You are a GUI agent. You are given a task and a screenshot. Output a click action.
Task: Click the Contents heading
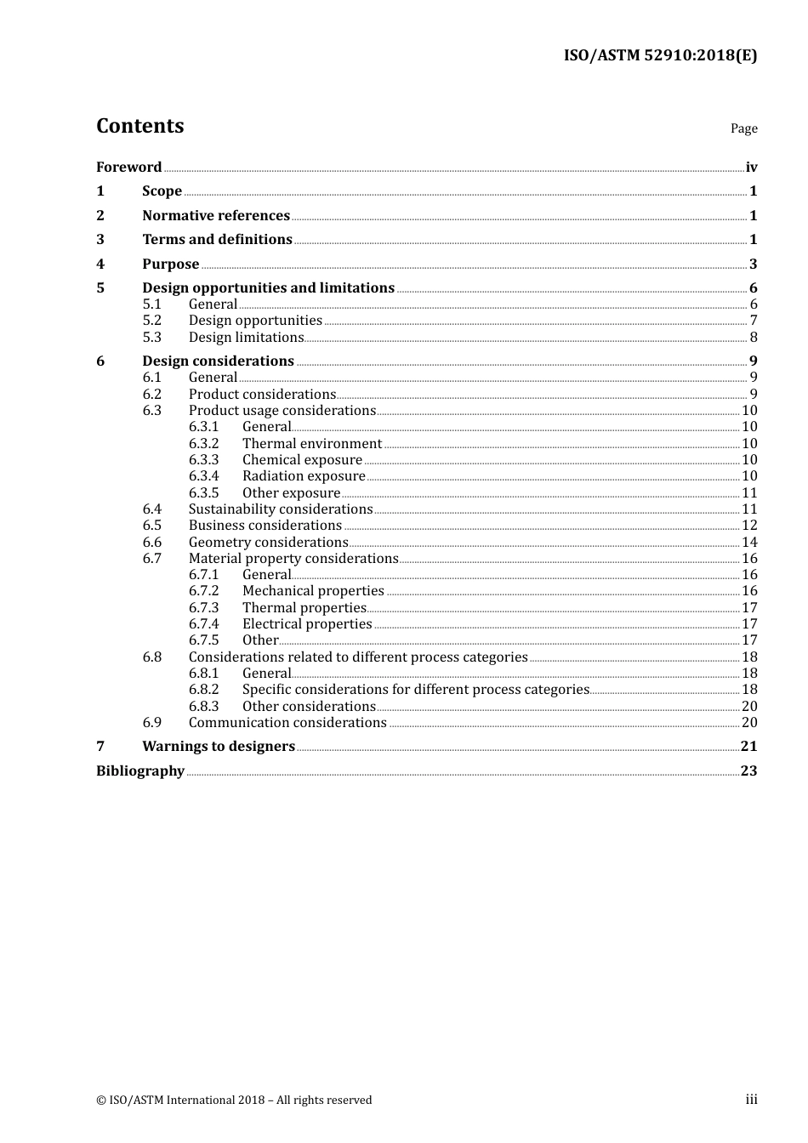(139, 126)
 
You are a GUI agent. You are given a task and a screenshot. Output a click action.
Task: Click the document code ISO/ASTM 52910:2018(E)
(660, 55)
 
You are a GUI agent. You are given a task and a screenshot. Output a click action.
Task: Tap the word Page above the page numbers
(743, 128)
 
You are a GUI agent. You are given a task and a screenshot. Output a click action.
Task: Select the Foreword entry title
(128, 167)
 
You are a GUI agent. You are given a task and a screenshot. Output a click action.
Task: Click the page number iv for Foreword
(751, 167)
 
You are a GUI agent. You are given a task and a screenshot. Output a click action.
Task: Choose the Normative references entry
(216, 215)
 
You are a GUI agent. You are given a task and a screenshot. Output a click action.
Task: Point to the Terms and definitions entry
(217, 239)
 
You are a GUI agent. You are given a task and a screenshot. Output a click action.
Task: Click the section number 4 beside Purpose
(100, 264)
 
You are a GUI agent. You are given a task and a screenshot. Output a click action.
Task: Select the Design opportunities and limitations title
(268, 287)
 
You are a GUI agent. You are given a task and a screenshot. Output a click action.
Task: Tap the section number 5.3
(151, 337)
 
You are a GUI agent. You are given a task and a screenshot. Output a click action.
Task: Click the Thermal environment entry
(311, 443)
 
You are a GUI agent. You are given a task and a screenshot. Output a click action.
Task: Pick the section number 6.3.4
(203, 476)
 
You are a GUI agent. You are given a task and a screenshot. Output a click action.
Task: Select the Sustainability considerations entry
(281, 509)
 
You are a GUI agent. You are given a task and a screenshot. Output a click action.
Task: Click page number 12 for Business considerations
(749, 526)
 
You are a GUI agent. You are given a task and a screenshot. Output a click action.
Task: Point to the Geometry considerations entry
(268, 542)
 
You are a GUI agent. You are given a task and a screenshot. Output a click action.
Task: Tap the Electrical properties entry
(307, 623)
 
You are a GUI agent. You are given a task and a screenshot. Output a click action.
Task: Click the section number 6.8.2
(203, 690)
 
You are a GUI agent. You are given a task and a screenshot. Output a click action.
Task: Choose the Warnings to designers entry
(219, 746)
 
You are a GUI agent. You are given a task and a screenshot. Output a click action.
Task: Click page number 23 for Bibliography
(748, 771)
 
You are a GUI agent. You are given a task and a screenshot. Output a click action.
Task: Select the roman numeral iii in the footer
(751, 1100)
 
